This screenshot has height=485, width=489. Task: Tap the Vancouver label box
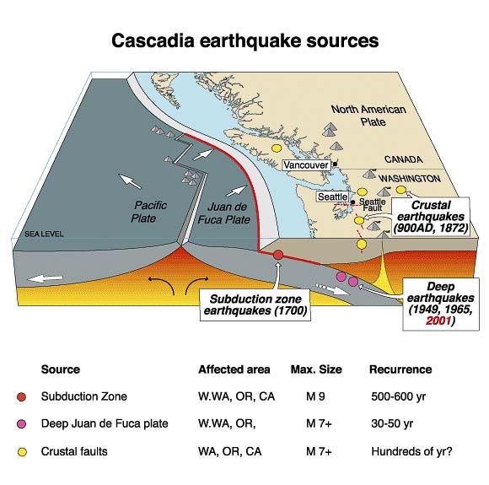point(305,165)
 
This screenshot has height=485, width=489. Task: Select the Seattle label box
point(330,197)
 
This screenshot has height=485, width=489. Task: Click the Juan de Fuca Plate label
point(227,212)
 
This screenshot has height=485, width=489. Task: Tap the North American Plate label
point(368,116)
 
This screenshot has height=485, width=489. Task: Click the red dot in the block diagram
point(278,254)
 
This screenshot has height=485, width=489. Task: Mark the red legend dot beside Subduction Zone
point(23,395)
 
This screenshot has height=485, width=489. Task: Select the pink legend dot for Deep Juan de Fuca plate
point(23,423)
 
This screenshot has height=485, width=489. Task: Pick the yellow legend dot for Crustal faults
point(23,451)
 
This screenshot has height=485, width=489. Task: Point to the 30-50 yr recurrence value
point(393,423)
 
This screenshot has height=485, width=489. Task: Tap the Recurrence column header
point(400,369)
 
